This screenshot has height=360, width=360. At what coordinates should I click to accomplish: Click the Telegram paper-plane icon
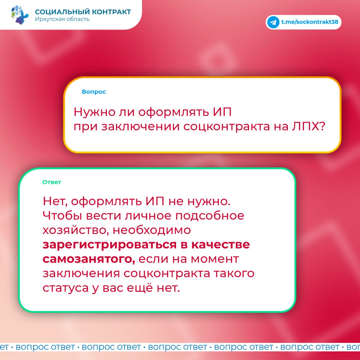click(273, 22)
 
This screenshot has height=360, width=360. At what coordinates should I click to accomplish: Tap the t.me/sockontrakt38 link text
click(310, 22)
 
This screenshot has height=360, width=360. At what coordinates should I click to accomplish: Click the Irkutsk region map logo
click(20, 15)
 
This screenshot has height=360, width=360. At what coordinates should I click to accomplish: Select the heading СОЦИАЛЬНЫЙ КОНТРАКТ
click(83, 12)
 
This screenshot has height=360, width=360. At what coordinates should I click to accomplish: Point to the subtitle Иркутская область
click(62, 19)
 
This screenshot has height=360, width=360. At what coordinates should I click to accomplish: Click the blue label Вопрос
click(94, 92)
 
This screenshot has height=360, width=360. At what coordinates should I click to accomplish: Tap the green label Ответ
click(51, 182)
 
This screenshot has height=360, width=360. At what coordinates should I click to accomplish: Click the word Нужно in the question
click(94, 112)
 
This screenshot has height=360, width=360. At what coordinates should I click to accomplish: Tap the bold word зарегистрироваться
click(109, 245)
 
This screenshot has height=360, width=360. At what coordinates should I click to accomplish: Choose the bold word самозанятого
click(89, 259)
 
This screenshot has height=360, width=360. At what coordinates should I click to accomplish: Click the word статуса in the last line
click(66, 288)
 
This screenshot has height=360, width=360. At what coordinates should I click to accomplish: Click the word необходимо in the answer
click(152, 230)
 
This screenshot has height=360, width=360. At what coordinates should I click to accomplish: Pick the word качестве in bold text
click(220, 245)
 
